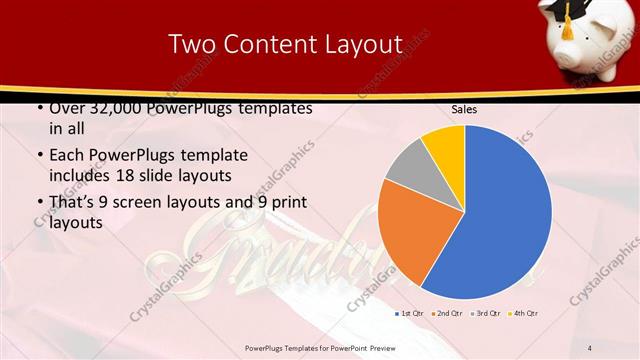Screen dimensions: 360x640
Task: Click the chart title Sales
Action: tap(464, 109)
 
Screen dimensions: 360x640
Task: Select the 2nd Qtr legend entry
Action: tap(446, 314)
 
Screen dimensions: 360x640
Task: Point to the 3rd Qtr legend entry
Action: tap(485, 314)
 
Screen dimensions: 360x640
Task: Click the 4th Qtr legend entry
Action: tap(524, 314)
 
